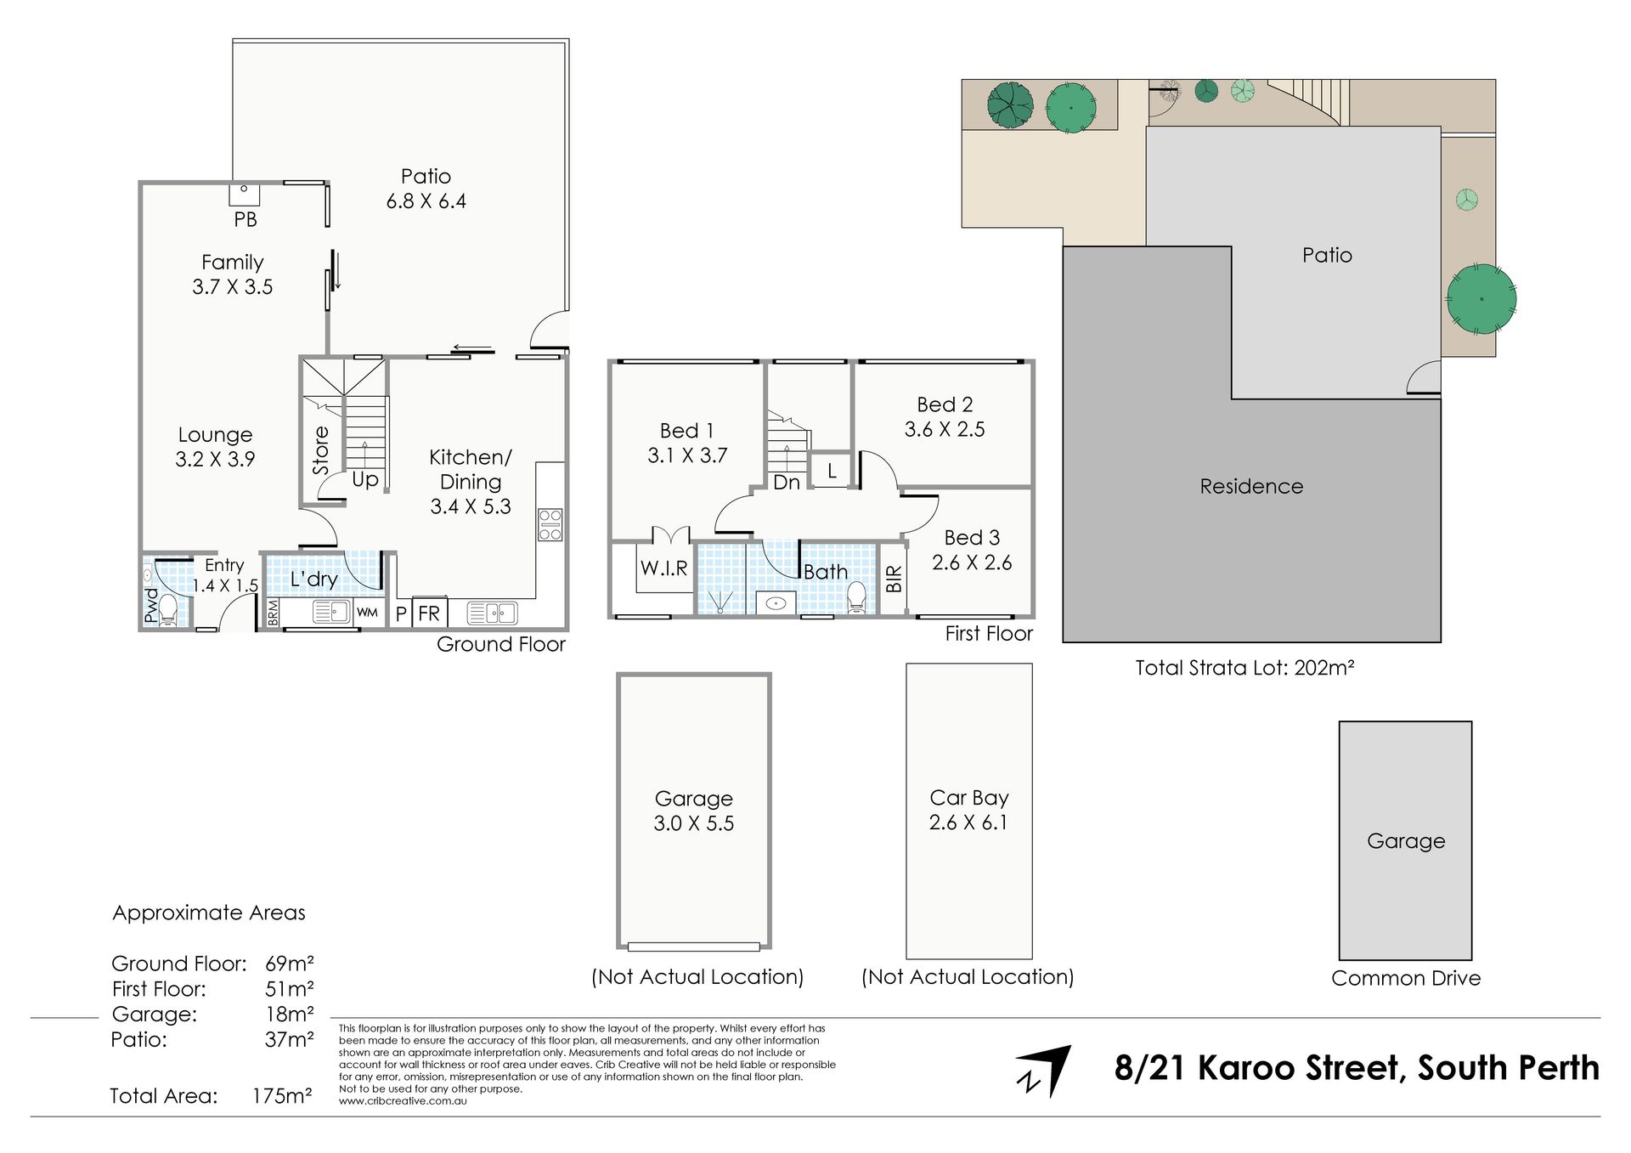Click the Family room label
[x=232, y=274]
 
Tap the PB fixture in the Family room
[x=244, y=195]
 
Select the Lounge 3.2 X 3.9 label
[x=215, y=447]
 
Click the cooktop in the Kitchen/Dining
[x=550, y=524]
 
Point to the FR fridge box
[x=429, y=613]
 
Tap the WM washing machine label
[x=367, y=613]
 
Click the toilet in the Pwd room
[x=168, y=609]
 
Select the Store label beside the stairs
[x=321, y=450]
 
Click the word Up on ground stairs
[x=365, y=479]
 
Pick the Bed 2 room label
[x=945, y=416]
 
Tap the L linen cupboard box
[x=832, y=470]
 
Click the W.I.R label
[x=664, y=568]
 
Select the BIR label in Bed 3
[x=894, y=579]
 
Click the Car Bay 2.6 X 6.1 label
[x=968, y=810]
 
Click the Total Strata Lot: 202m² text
[x=1244, y=668]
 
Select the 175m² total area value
[x=282, y=1096]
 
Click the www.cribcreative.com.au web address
[x=403, y=1101]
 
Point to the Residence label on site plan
[x=1251, y=486]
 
